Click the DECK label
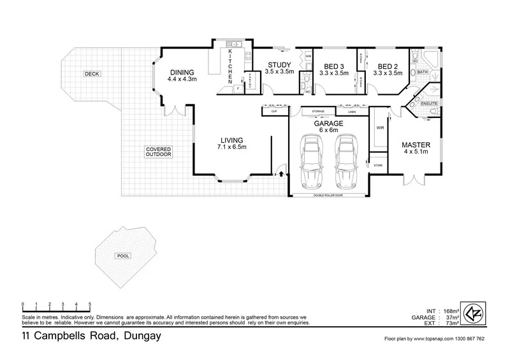pyautogui.click(x=92, y=75)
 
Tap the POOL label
pyautogui.click(x=123, y=256)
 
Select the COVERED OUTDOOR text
pyautogui.click(x=158, y=152)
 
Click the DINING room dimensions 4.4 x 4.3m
pyautogui.click(x=182, y=80)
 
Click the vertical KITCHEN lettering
pyautogui.click(x=231, y=67)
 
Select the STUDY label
pyautogui.click(x=279, y=65)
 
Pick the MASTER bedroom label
pyautogui.click(x=414, y=145)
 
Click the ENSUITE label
pyautogui.click(x=429, y=103)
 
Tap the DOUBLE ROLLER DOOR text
pyautogui.click(x=328, y=196)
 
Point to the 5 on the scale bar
pyautogui.click(x=90, y=304)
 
